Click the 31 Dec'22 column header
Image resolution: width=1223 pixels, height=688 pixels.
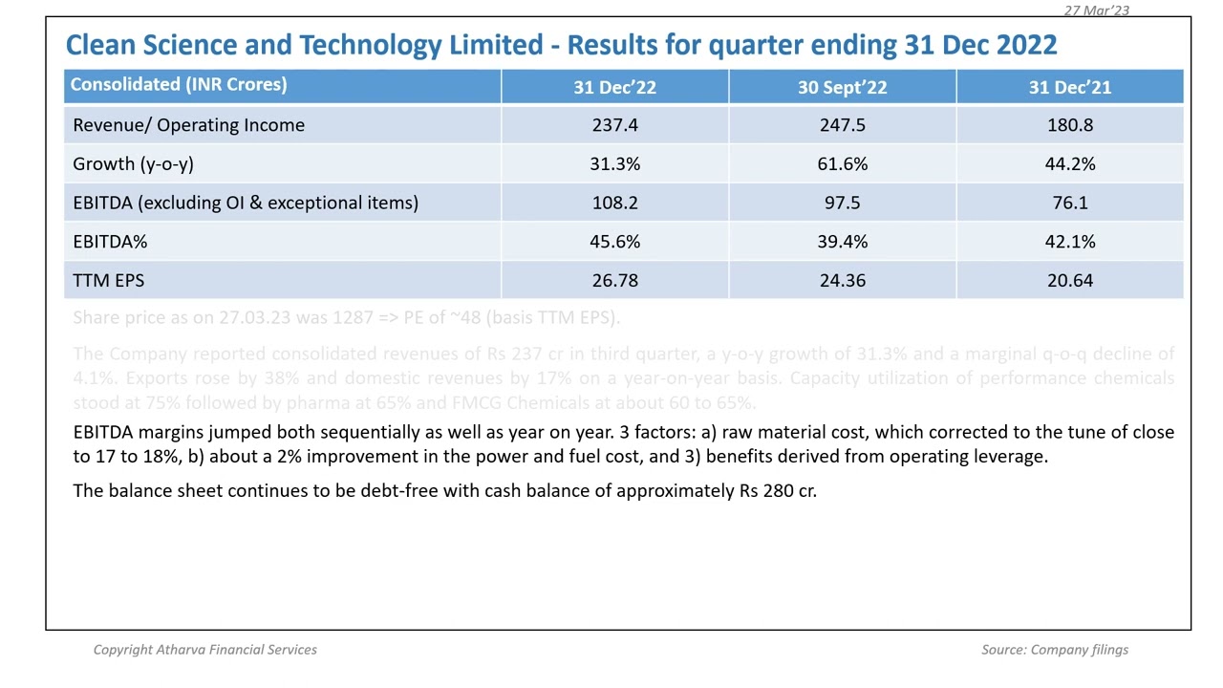[614, 87]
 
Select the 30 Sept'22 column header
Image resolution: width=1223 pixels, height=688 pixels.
[842, 87]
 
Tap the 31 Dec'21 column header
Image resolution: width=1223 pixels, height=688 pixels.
[1069, 87]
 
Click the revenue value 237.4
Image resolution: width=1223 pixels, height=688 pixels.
[614, 125]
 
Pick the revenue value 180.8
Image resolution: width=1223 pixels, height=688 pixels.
[1069, 125]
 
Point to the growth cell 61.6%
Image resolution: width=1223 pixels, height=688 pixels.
[842, 164]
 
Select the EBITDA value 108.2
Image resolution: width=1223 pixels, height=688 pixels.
[614, 203]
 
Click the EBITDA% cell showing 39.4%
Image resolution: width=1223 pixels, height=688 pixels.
[842, 242]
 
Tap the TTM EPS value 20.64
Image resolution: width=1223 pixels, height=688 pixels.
[1069, 281]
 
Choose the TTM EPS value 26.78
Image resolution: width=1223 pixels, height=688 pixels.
[614, 281]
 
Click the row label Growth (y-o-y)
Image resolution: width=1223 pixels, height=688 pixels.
[133, 164]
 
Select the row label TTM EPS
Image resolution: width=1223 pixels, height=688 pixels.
[108, 281]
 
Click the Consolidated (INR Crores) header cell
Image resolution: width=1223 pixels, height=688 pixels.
[178, 85]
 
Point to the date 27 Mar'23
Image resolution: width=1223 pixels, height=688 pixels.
[1096, 10]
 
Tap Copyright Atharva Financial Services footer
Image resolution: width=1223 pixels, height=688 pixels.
[204, 650]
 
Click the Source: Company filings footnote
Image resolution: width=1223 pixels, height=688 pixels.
[1054, 650]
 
